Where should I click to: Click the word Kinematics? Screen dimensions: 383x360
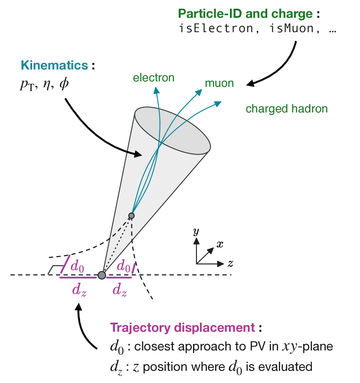pos(54,66)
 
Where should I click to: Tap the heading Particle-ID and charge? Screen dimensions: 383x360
pos(245,13)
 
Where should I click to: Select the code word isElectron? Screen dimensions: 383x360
pos(210,29)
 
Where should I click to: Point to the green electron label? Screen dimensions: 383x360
pos(154,78)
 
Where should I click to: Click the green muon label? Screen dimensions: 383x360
pos(219,83)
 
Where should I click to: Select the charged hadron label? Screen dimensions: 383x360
pos(286,108)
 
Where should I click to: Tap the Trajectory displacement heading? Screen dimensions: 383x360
pos(182,327)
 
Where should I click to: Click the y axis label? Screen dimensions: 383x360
pos(196,231)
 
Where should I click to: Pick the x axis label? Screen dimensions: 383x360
pos(220,244)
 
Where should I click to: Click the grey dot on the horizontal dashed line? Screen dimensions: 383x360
pos(101,275)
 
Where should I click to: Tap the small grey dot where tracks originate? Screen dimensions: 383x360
pos(131,215)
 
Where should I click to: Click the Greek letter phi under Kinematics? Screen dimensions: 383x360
pos(64,84)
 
